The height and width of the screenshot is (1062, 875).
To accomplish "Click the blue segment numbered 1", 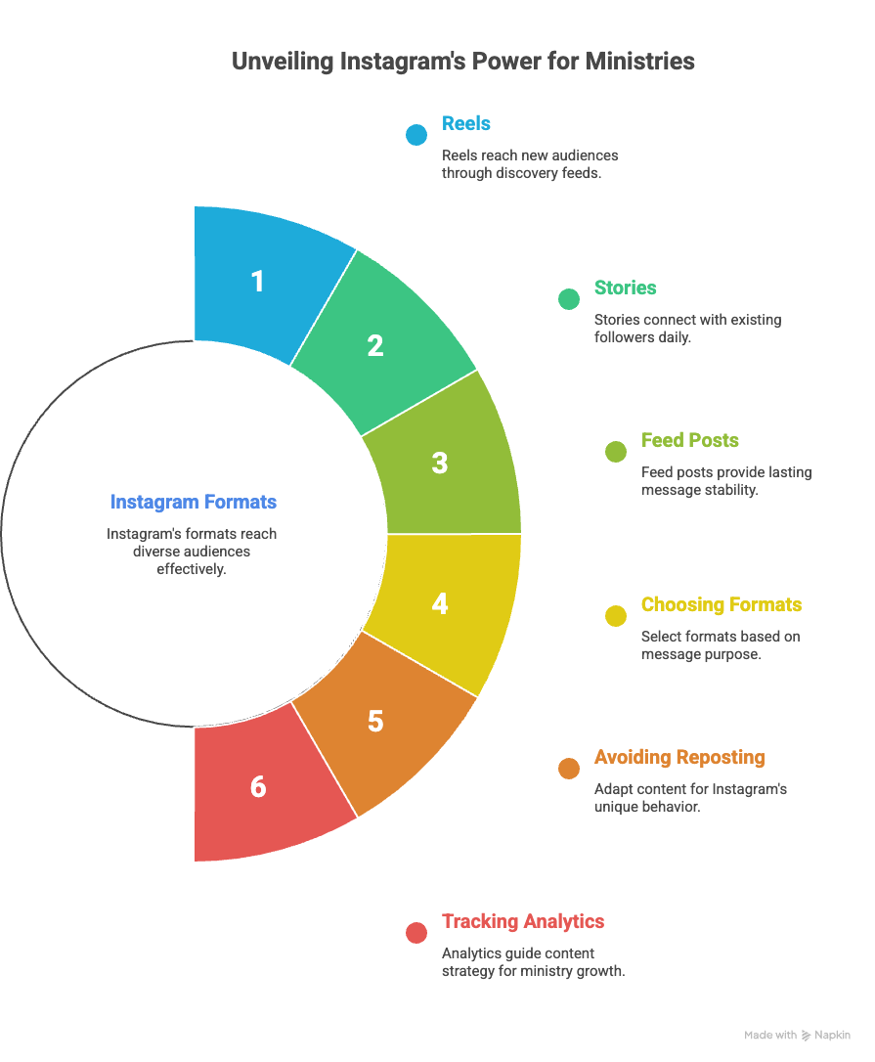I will point(256,282).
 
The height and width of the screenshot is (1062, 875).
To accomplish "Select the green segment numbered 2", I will point(375,344).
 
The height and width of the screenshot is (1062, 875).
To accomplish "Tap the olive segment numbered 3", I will point(440,462).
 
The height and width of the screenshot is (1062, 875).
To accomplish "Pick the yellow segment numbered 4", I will point(440,604).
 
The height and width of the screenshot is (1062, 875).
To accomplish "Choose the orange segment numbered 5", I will point(375,722).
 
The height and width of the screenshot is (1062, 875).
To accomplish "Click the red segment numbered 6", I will point(258,786).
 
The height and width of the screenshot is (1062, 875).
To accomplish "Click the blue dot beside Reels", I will point(416,135).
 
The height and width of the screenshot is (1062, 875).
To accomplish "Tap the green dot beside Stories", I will point(569,299).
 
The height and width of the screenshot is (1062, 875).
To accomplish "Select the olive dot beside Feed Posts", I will point(616,451).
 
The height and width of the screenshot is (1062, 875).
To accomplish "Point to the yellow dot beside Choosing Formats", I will point(616,615).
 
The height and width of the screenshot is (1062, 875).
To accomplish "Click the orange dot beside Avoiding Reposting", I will point(569,769).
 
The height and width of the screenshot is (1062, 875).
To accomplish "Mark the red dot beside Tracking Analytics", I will point(416,932).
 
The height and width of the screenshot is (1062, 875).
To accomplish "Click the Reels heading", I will point(466,123).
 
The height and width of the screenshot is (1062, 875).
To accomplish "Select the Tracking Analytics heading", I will point(523,921).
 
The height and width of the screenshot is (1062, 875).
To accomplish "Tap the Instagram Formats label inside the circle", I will point(194,503).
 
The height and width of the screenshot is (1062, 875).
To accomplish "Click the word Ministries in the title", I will point(640,61).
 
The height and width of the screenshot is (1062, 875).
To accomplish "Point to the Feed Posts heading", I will point(690,440).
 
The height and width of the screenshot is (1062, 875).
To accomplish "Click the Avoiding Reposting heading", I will point(679,758).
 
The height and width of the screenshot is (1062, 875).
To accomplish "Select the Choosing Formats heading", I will point(722,604).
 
